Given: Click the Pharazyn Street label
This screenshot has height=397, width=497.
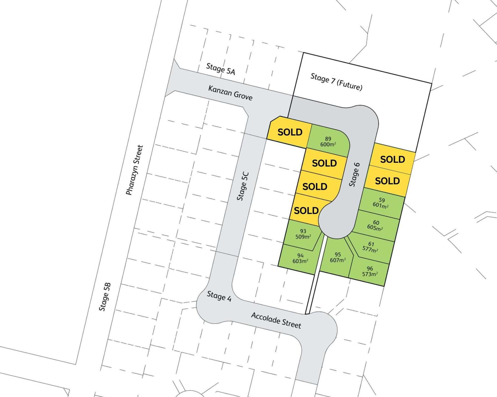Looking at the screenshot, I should pos(135,170).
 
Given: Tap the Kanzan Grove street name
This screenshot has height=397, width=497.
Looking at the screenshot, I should pos(230,93).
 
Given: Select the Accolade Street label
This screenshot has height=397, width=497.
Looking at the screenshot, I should pos(276,320).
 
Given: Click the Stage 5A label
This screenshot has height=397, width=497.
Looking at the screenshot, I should pos(221,69).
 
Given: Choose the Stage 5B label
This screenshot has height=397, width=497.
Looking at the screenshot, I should pos(105,297).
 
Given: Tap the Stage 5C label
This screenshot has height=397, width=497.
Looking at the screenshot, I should pos(243,186).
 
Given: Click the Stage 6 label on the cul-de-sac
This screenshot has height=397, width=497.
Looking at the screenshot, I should pos(354,174).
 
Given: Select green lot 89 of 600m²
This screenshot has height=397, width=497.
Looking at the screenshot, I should pos(328,141).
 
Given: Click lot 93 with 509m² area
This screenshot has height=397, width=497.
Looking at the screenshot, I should pos(303,234).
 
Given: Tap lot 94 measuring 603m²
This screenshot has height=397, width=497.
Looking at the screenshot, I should pos(300,258).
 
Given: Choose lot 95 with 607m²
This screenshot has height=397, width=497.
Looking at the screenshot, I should pos(337,257).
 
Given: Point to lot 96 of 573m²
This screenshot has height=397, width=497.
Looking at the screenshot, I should pos(370,271).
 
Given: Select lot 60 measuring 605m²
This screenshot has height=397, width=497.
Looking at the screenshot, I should pos(375,225).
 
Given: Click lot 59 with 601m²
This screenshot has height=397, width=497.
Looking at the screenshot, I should pos(381,203).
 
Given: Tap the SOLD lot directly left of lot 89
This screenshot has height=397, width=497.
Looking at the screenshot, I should pos(290,132).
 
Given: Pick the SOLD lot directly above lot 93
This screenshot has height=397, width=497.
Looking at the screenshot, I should pos(306,211).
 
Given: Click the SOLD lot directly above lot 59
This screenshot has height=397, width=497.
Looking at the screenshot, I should pos(387,181).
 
